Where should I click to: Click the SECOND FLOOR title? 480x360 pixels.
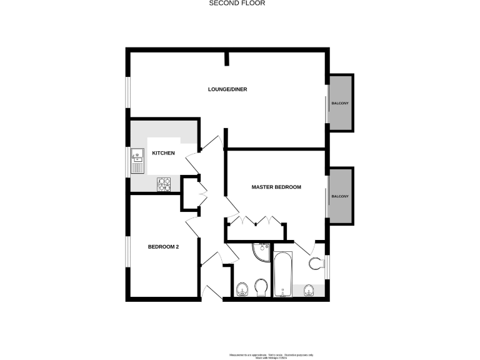(236, 3)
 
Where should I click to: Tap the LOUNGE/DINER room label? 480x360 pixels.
(227, 89)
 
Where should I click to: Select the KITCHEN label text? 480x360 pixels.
(163, 153)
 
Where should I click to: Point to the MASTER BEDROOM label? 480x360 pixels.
(276, 187)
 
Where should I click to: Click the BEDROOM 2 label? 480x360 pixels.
(163, 247)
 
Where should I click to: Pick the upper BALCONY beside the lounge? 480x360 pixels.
(341, 103)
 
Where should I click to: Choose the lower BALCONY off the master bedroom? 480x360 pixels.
(341, 196)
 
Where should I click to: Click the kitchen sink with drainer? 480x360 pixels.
(137, 162)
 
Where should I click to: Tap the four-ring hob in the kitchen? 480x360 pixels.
(164, 184)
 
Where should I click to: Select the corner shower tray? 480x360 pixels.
(260, 252)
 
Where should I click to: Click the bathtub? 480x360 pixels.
(283, 275)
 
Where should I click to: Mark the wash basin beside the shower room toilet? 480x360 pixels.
(242, 289)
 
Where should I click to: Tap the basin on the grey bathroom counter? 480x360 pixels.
(307, 289)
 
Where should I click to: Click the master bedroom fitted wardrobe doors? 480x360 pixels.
(256, 221)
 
